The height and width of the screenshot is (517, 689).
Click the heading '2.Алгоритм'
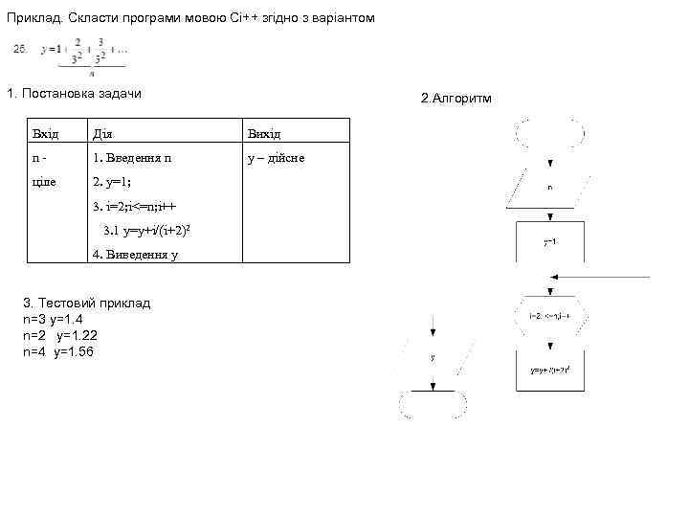tap(456, 99)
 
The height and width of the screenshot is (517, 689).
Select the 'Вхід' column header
tap(45, 133)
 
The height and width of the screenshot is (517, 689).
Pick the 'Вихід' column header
tap(264, 133)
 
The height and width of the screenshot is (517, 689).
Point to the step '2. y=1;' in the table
tap(112, 182)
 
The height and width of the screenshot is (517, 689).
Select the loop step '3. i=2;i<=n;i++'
tap(135, 206)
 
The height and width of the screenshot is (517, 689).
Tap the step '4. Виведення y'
tap(134, 255)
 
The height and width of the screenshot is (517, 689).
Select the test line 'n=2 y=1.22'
tap(59, 335)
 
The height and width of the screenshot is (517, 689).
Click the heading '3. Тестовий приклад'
tap(86, 303)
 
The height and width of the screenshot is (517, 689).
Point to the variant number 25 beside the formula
tap(20, 48)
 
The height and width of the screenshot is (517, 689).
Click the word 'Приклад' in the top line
tap(33, 19)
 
